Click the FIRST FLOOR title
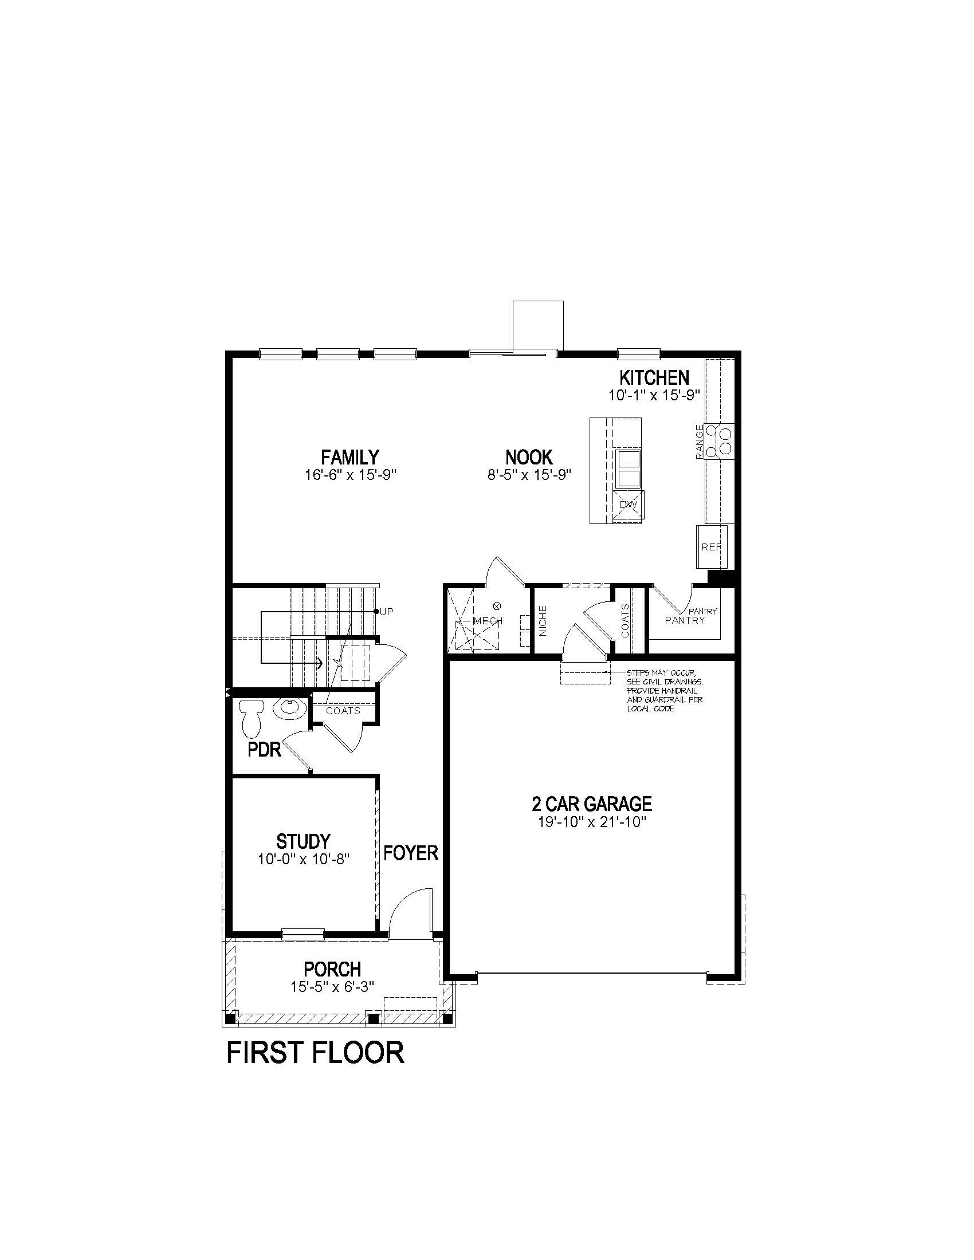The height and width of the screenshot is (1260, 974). pyautogui.click(x=315, y=1052)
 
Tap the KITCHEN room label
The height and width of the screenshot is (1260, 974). pyautogui.click(x=654, y=378)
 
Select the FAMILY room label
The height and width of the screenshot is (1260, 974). pyautogui.click(x=349, y=457)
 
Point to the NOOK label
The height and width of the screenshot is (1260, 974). pyautogui.click(x=529, y=457)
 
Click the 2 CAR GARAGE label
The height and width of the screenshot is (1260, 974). pyautogui.click(x=591, y=803)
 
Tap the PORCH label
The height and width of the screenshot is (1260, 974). pyautogui.click(x=332, y=968)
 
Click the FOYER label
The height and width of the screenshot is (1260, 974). pyautogui.click(x=411, y=853)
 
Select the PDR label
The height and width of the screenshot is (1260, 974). pyautogui.click(x=264, y=750)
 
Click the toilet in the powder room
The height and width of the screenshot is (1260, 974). pyautogui.click(x=251, y=718)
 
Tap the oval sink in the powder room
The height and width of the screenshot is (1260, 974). pyautogui.click(x=289, y=708)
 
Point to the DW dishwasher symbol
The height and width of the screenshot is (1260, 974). pyautogui.click(x=628, y=505)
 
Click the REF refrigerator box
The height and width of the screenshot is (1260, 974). pyautogui.click(x=711, y=546)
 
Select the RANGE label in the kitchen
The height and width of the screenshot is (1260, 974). pyautogui.click(x=700, y=442)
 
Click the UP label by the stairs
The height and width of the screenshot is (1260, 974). pyautogui.click(x=387, y=612)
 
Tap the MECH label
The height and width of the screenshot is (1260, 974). pyautogui.click(x=488, y=621)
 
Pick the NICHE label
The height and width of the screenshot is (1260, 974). pyautogui.click(x=543, y=621)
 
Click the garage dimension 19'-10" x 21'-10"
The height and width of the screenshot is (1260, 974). pyautogui.click(x=591, y=821)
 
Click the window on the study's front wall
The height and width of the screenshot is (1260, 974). pyautogui.click(x=303, y=933)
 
